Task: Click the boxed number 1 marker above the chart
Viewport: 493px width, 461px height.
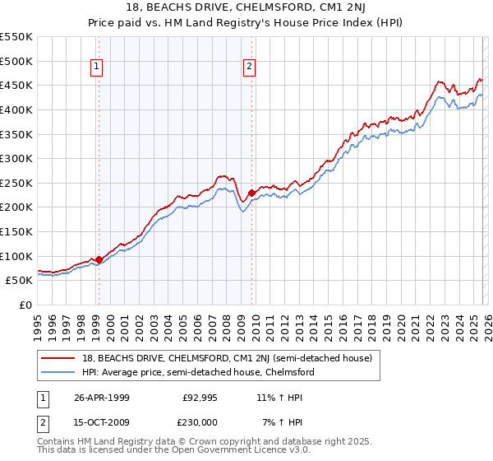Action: pyautogui.click(x=98, y=68)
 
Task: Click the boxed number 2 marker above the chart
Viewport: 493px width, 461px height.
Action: pyautogui.click(x=249, y=68)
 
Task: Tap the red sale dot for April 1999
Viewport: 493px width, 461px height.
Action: pyautogui.click(x=99, y=259)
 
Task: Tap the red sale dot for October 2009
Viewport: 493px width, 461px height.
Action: pyautogui.click(x=251, y=193)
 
